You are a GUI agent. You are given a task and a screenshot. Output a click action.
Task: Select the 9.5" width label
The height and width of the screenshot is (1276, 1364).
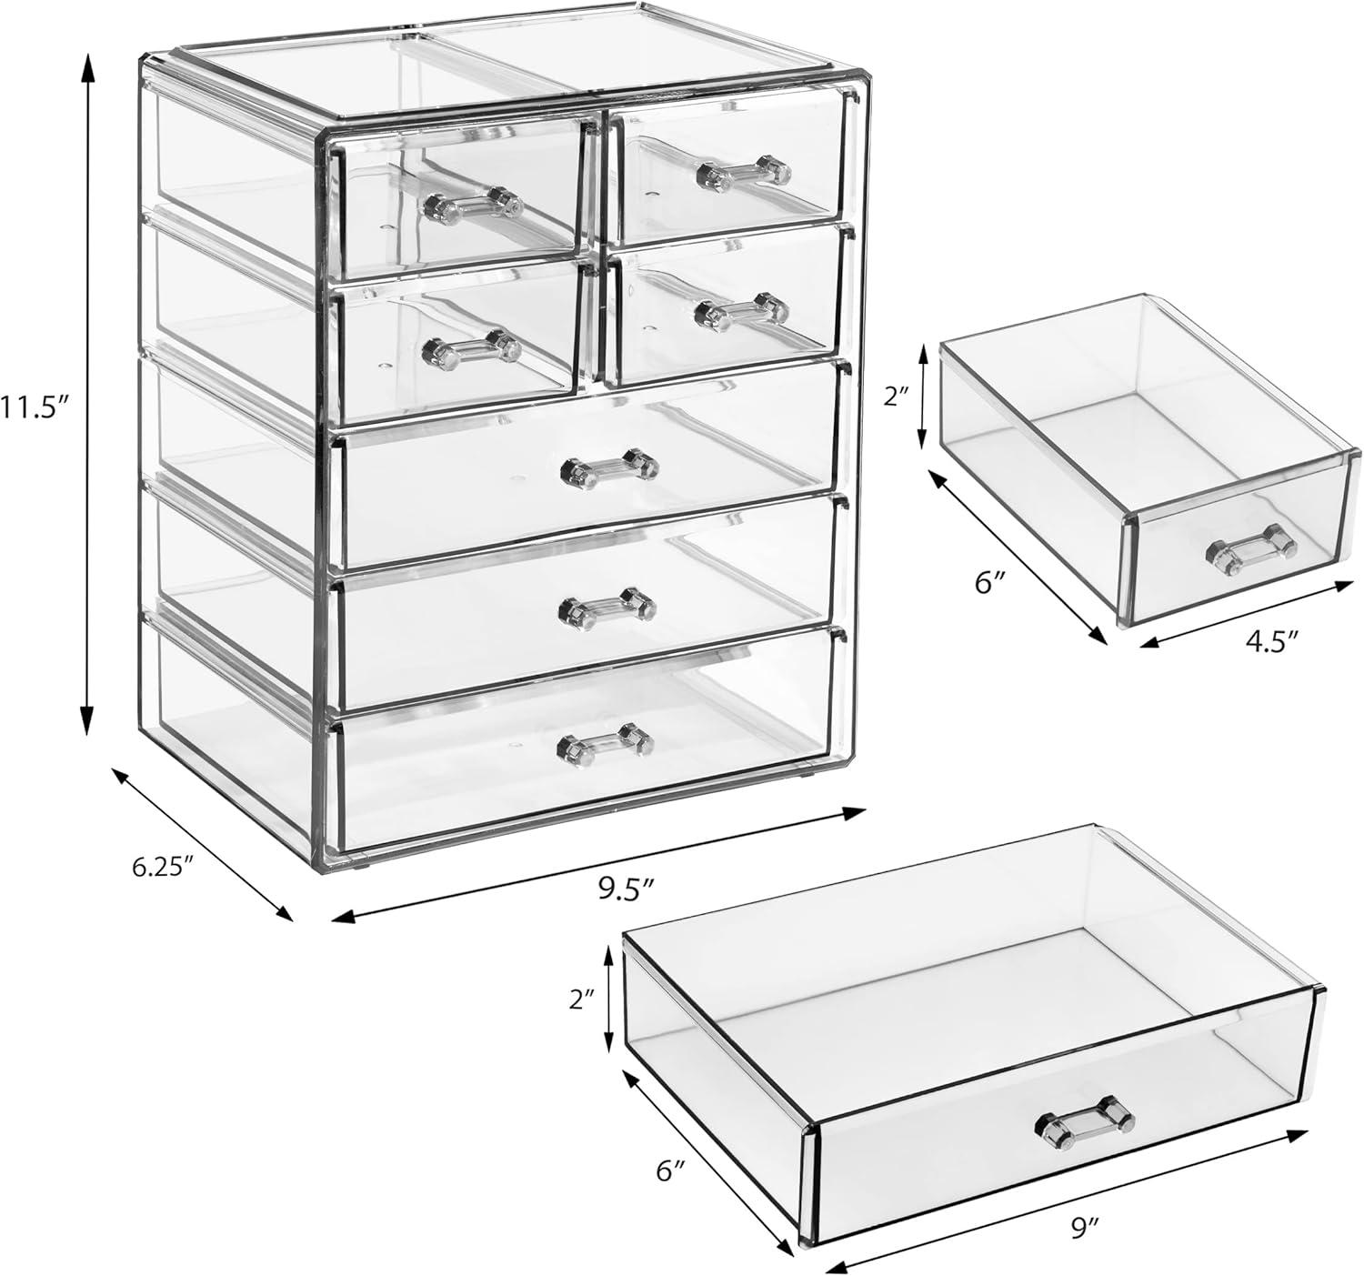click(627, 888)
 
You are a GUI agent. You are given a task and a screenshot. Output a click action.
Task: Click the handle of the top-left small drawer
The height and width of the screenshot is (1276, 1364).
click(469, 203)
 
